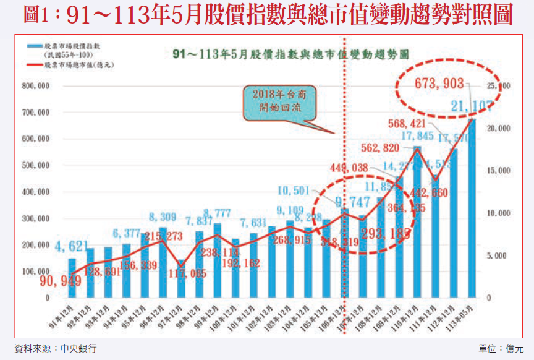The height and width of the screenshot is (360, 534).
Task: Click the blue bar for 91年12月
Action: point(72,278)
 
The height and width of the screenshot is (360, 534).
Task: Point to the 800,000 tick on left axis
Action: point(35,87)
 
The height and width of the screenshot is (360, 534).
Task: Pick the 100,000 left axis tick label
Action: point(35,272)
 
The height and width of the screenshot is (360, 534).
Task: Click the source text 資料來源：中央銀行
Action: point(55,349)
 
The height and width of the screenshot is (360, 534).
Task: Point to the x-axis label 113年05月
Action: point(465,317)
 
